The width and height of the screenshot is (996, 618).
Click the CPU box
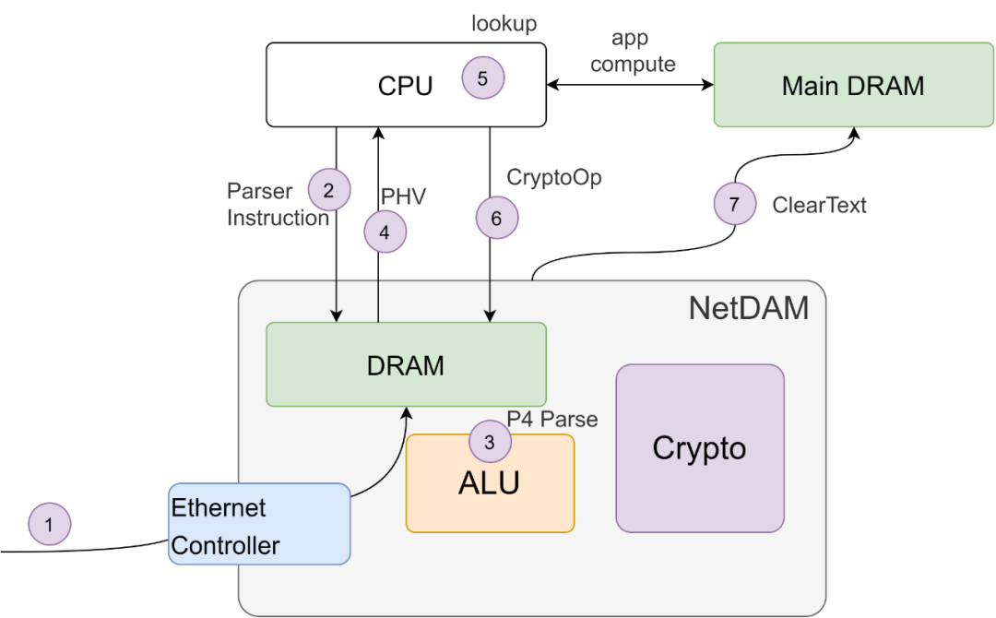pos(387,85)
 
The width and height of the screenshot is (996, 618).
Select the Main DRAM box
pos(852,85)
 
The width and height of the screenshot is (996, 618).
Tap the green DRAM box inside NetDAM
pos(406,364)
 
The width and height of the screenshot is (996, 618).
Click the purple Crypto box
pos(699,448)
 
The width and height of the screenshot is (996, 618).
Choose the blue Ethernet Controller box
pos(259,524)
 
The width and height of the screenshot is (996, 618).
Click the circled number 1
pos(50,525)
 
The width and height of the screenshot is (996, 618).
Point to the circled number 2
pos(328,190)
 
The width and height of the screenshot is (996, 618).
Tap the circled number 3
pos(490,442)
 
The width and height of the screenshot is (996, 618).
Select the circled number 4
pos(385,232)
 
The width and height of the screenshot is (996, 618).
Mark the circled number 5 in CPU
pos(483,78)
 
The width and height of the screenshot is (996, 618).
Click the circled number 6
pos(497,218)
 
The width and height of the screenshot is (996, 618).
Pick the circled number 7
pos(735,205)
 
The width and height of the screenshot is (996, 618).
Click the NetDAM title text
pos(748,308)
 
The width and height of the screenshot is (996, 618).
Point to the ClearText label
pos(819,205)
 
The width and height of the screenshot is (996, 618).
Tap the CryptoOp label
pos(554,177)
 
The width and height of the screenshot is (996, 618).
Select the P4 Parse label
pos(552,420)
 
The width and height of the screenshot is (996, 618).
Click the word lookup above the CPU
pos(504,24)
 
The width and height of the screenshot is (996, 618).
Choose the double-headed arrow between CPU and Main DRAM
pos(630,85)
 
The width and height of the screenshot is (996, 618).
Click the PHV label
pos(402,197)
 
